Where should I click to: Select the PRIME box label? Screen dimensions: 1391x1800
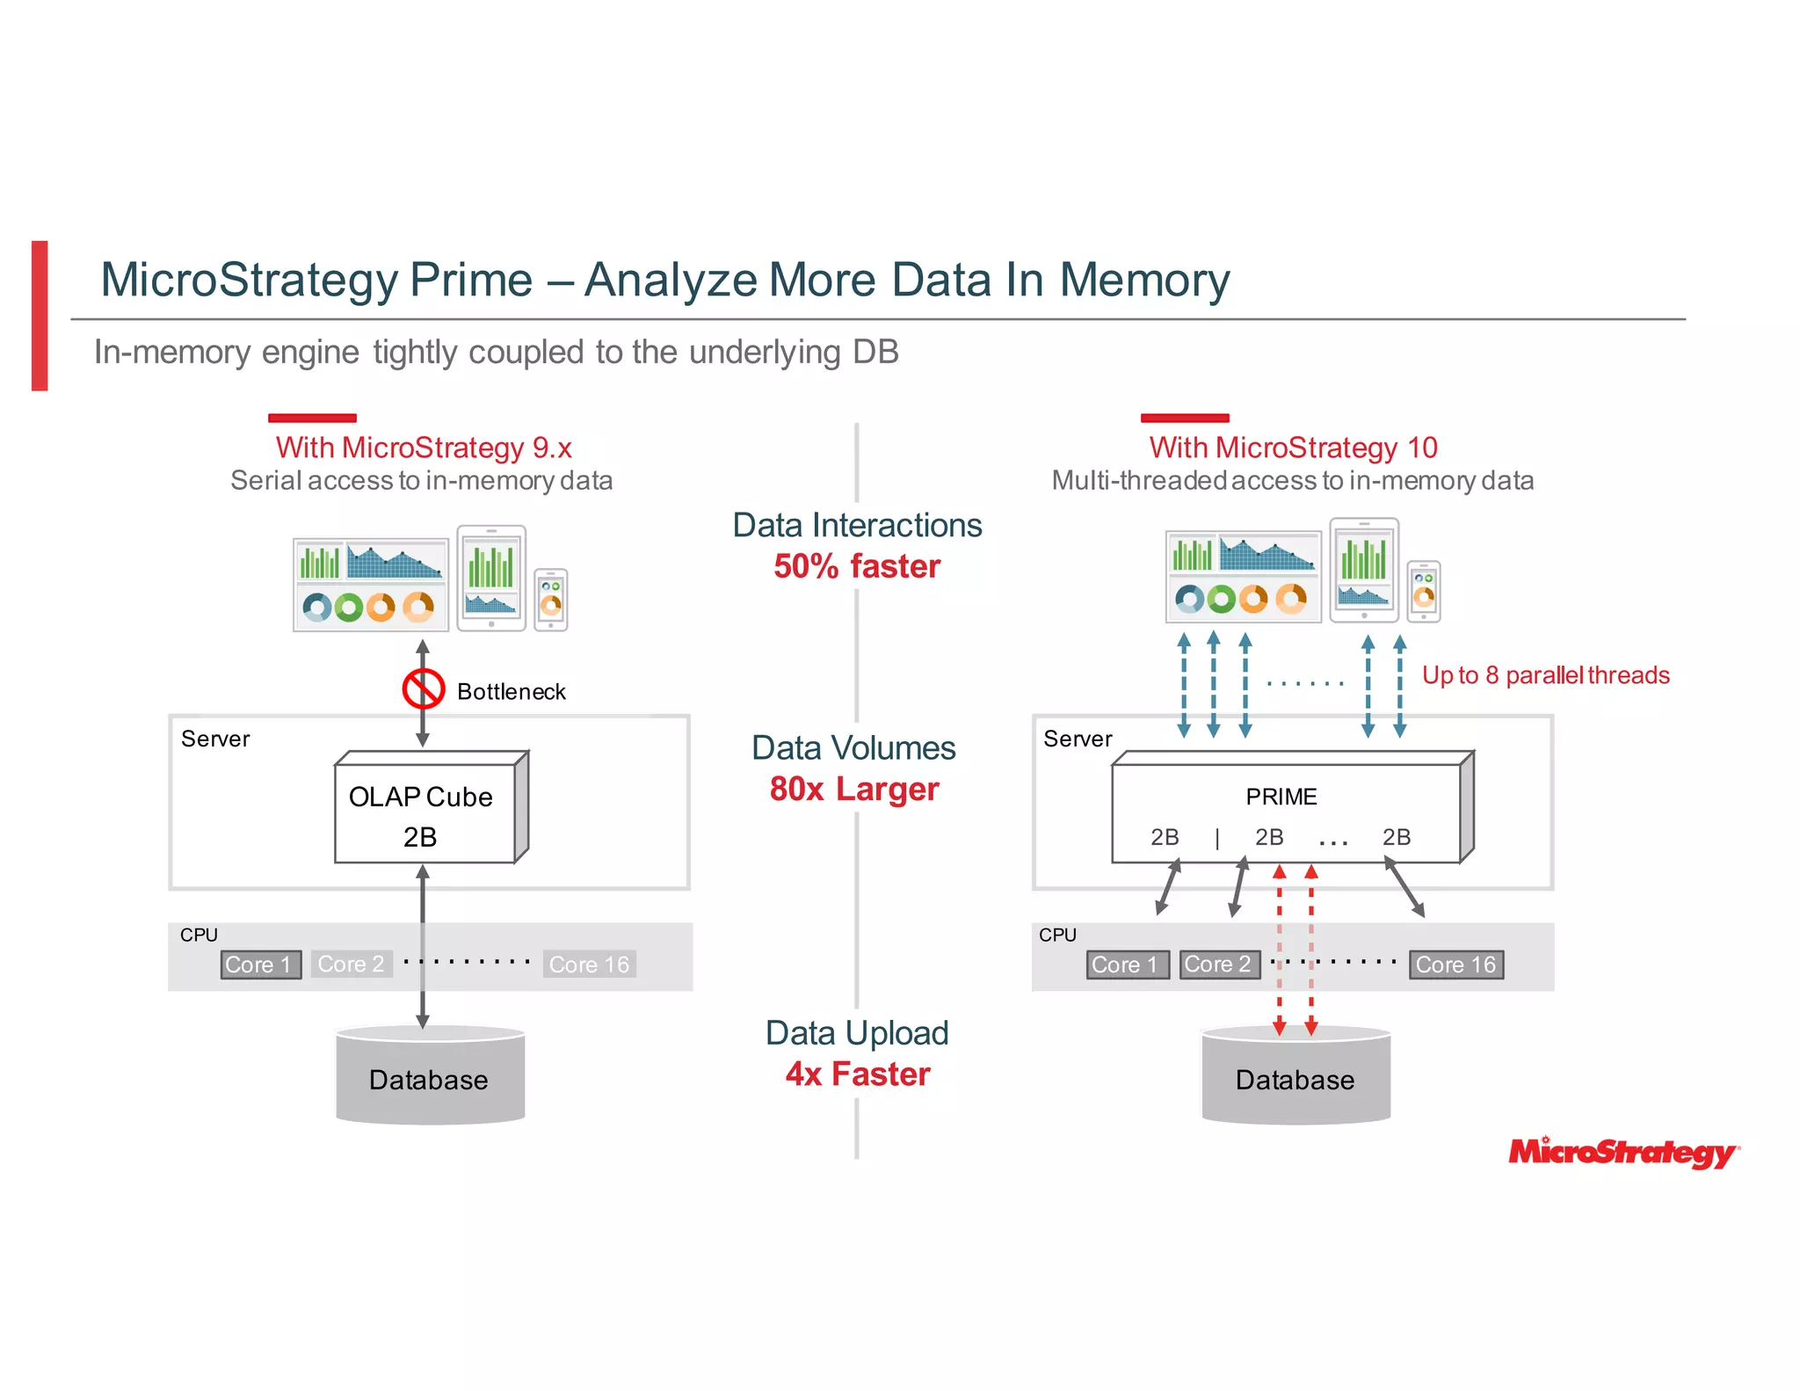pos(1281,797)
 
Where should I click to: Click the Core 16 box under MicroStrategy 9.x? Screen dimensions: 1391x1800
pos(589,965)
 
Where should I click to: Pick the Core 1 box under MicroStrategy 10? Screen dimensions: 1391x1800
pos(1126,965)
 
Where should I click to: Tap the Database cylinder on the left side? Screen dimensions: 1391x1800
pos(430,1077)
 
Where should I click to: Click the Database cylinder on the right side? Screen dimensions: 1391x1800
pos(1296,1077)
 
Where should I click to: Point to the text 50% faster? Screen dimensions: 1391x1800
pos(857,566)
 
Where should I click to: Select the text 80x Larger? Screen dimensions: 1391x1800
pos(854,789)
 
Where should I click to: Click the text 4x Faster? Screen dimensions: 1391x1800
pos(858,1074)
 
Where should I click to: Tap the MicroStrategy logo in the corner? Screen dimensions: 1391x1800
pos(1622,1152)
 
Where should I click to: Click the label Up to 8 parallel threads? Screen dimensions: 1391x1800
pos(1545,675)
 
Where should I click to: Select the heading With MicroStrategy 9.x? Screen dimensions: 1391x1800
pos(424,448)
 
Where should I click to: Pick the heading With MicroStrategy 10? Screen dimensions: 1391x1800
pos(1293,448)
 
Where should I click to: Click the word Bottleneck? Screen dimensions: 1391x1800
pos(511,692)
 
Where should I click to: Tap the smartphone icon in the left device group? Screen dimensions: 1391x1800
pos(551,600)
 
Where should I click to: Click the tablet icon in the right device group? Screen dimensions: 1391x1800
pos(1363,571)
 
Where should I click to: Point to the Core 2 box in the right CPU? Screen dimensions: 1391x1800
pos(1218,965)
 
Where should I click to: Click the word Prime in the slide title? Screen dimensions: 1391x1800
pos(470,280)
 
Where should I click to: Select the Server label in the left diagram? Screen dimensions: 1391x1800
pos(215,739)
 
